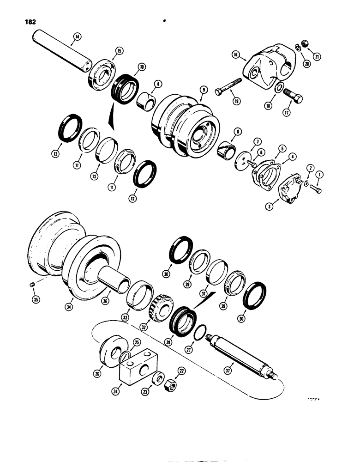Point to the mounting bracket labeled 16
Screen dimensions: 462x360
pos(263,67)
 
